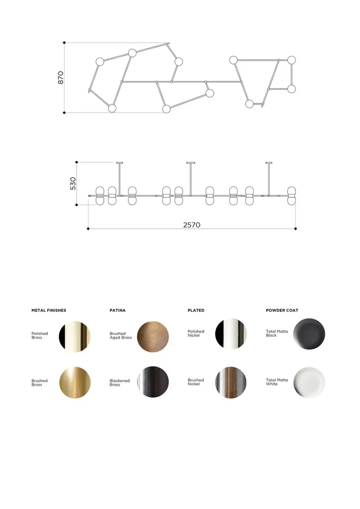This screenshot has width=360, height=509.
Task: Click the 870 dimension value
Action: [61, 78]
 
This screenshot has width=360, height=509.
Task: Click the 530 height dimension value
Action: [73, 183]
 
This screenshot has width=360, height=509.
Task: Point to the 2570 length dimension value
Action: [191, 225]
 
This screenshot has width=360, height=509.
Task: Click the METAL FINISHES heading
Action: [49, 310]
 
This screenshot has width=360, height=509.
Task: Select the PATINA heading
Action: [117, 310]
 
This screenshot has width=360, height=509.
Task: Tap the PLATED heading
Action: [196, 310]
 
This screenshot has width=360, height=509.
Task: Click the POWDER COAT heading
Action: [282, 310]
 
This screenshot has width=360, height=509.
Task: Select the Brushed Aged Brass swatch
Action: [153, 337]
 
